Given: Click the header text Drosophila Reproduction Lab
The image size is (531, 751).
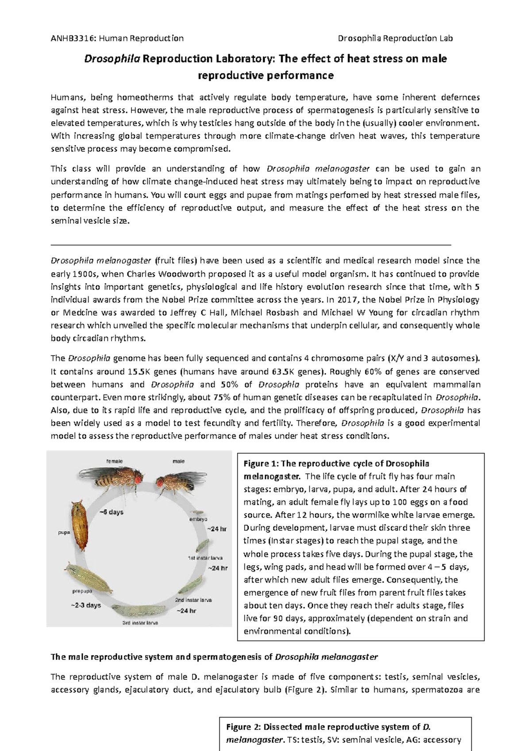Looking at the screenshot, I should [395, 38].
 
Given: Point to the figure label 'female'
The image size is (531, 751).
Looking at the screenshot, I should [114, 461].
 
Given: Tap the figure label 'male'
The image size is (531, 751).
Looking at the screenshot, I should [178, 461].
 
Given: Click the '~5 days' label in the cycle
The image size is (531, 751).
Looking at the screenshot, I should [111, 512].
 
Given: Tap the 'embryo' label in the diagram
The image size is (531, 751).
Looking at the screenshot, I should [198, 519].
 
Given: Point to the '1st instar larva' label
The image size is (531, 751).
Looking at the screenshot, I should [205, 558].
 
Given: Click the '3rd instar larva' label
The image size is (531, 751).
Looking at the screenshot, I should [140, 623].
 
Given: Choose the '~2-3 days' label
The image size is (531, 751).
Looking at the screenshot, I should [86, 605].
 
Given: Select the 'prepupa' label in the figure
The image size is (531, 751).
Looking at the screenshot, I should [82, 591].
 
